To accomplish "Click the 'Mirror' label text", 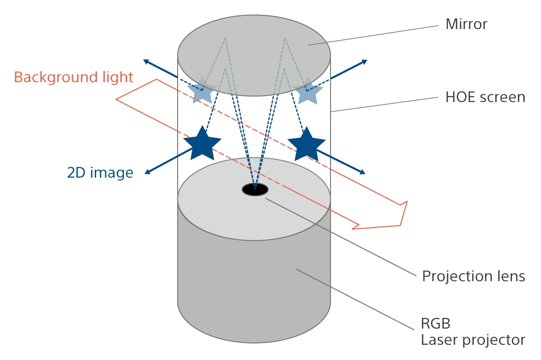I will pos(466,24).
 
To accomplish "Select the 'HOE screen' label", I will pos(485,97).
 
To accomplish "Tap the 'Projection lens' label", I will pos(473,276).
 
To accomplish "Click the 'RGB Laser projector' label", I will pos(472,332).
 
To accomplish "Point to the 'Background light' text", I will pos(73,77).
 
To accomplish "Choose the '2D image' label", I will pos(100,172).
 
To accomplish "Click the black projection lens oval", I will pos(255,190).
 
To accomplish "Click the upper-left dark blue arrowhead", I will pos(146,61).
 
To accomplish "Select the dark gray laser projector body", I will pos(254,286).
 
